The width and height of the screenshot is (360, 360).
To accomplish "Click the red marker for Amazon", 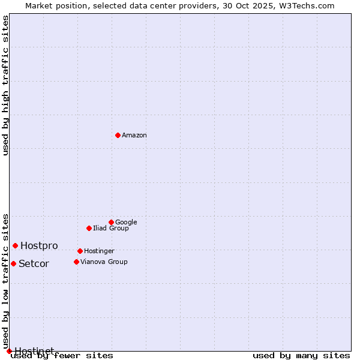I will (x=118, y=135).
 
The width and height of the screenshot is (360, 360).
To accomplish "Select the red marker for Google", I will (x=111, y=222).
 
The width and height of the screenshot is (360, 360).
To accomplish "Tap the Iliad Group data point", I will (x=89, y=228).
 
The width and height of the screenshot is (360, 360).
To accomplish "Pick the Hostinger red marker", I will (x=80, y=251).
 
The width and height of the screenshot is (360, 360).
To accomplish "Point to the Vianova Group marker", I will (x=76, y=262).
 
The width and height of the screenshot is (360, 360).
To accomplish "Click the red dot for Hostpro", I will (x=15, y=245).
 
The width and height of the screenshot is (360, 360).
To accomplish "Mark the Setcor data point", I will (x=13, y=263).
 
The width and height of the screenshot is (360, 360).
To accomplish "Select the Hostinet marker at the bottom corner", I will (x=9, y=351).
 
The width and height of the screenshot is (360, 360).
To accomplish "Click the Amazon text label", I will (x=134, y=135).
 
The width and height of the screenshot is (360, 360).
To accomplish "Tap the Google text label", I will (x=126, y=222).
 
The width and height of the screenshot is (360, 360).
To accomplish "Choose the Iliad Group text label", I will (x=111, y=228).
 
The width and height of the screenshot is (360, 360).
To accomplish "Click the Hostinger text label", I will (x=99, y=251).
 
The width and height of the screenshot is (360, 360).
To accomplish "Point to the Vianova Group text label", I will (x=104, y=262).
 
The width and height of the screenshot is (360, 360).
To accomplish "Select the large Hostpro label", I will (x=39, y=246).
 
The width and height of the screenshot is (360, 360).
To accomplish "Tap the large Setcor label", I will (x=34, y=264).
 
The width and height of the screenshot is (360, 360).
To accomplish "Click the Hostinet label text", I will (x=34, y=350).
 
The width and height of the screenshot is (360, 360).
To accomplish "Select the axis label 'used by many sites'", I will (x=301, y=355).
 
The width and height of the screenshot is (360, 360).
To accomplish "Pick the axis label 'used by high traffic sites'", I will (x=6, y=85).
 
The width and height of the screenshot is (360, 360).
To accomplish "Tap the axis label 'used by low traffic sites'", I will (x=6, y=281).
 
